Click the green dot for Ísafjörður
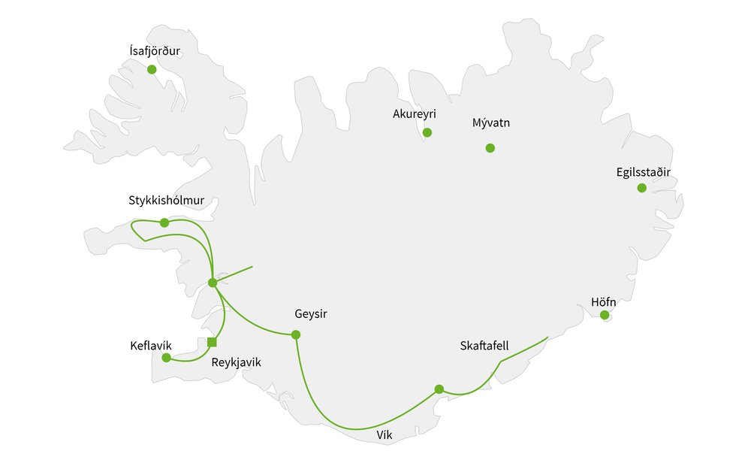(x=152, y=69)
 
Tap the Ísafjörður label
(x=155, y=51)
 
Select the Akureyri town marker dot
(x=427, y=132)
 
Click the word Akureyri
(x=415, y=114)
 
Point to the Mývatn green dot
(x=490, y=148)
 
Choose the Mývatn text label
(x=491, y=123)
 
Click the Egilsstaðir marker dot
(x=642, y=188)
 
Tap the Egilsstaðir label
(x=642, y=172)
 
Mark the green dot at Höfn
(x=605, y=315)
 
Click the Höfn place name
(x=604, y=301)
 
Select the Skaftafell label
(x=484, y=346)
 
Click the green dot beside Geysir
(x=296, y=334)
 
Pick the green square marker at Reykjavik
(x=212, y=343)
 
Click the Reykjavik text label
(x=236, y=362)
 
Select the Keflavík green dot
(x=167, y=357)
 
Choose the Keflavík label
(x=150, y=347)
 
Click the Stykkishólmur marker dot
(x=164, y=222)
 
